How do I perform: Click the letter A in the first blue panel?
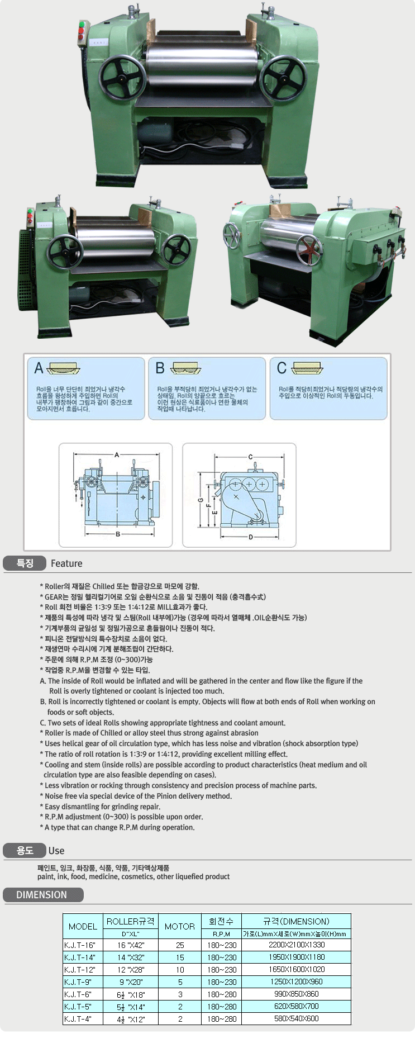click(39, 368)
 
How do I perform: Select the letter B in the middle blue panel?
click(160, 368)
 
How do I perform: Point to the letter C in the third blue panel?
click(282, 368)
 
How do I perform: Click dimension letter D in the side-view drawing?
click(250, 537)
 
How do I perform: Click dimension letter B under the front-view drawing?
click(118, 534)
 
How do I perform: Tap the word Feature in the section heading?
click(66, 563)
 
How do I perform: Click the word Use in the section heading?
click(56, 851)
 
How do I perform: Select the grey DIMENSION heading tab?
click(43, 895)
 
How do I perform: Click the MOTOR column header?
click(180, 926)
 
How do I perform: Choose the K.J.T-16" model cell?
click(80, 945)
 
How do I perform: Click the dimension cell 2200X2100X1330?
click(297, 945)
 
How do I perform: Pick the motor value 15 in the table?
click(180, 957)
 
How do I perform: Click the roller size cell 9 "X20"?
click(131, 982)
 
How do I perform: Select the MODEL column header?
click(83, 926)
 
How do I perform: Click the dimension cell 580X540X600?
click(297, 1018)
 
